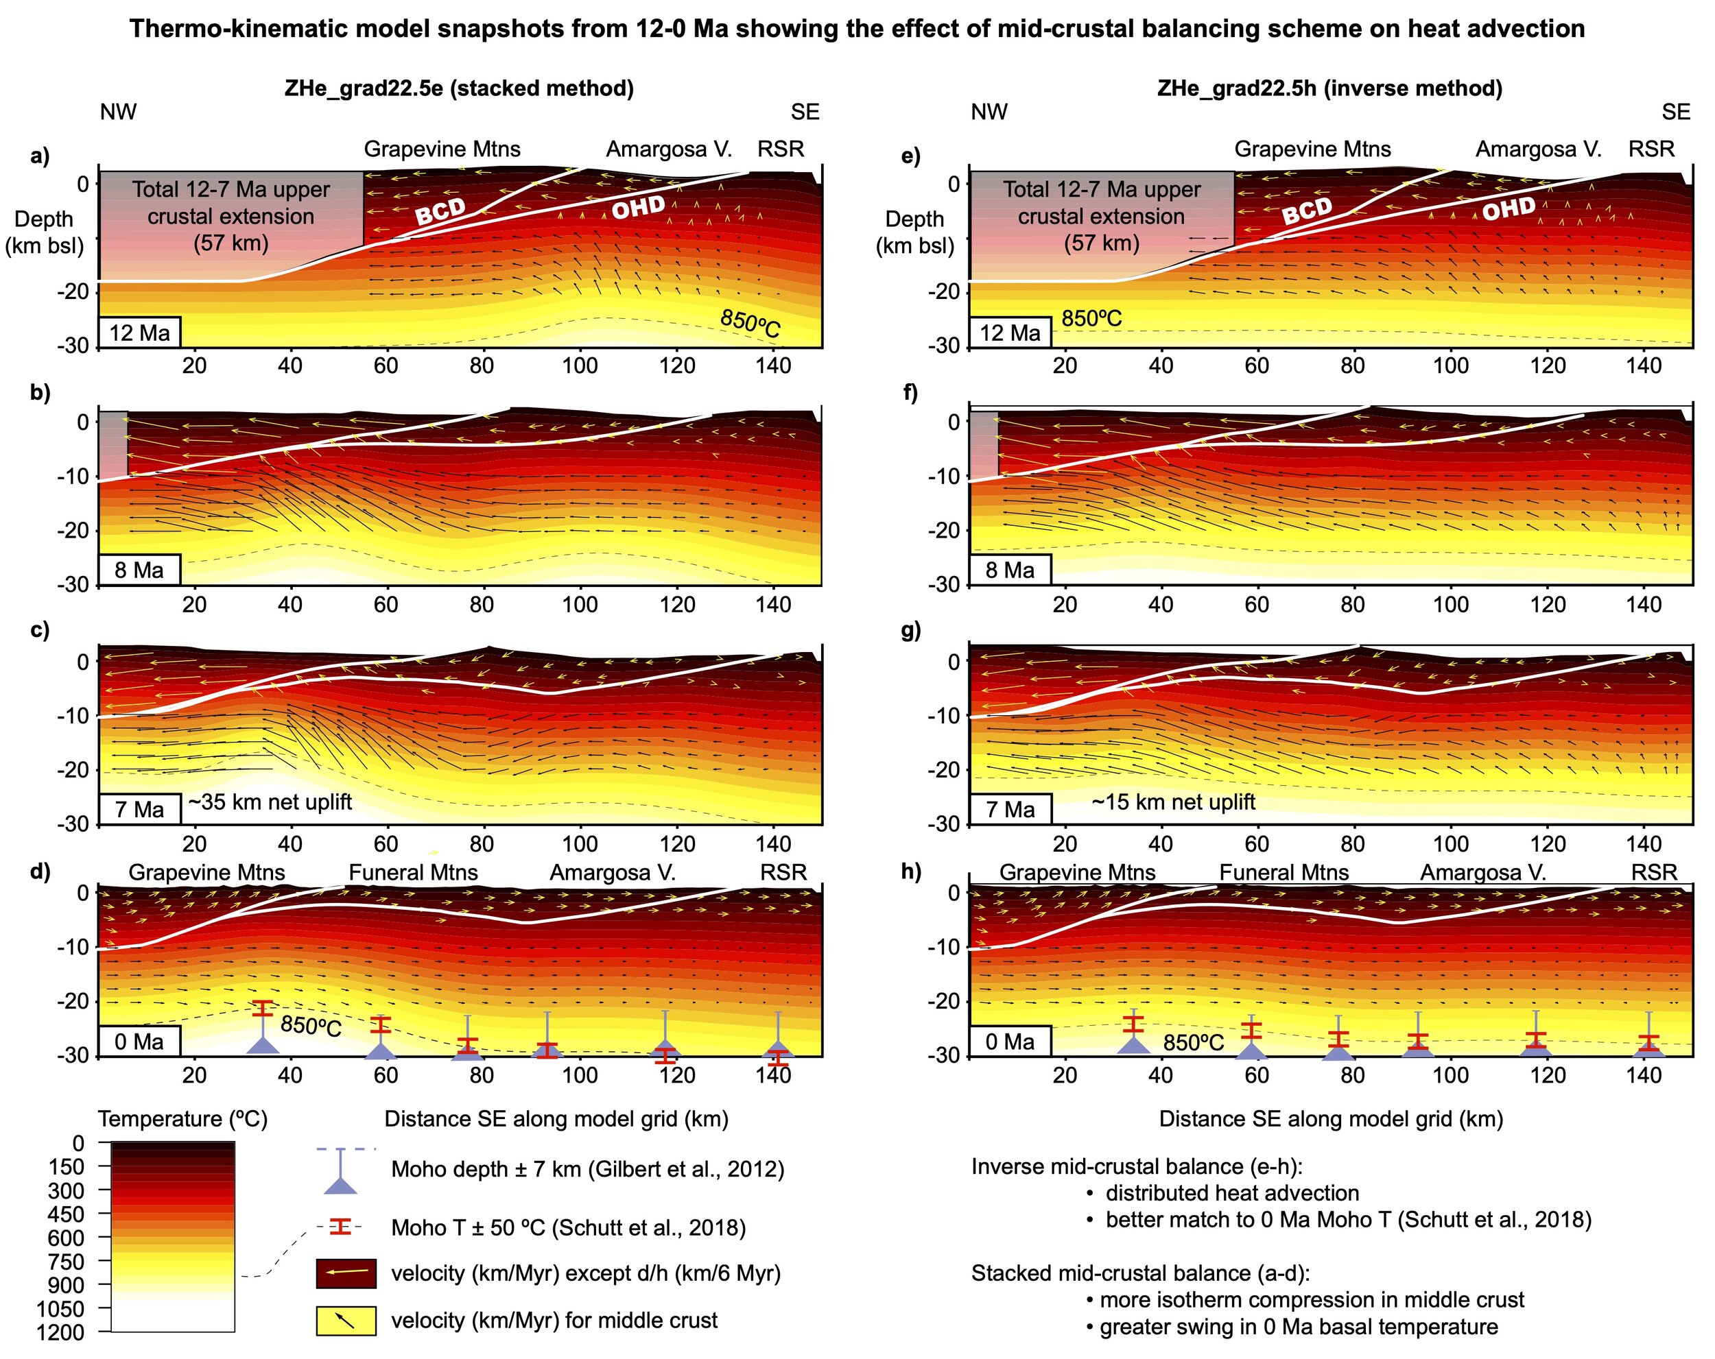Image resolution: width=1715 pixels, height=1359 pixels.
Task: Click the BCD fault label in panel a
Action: [440, 211]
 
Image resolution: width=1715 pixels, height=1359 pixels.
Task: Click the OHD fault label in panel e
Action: [1509, 208]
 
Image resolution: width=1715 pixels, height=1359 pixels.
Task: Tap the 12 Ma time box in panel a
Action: [139, 332]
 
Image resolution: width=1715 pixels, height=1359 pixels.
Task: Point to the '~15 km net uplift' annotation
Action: [1172, 802]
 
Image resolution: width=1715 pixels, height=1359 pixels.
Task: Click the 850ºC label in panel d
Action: [310, 1026]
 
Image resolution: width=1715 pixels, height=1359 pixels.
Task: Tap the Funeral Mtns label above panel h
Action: [1284, 872]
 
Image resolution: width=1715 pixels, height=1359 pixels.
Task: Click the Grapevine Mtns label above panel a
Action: [442, 149]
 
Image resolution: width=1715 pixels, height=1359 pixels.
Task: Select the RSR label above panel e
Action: [1651, 149]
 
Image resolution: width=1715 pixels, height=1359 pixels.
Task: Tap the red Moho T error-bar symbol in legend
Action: [340, 1227]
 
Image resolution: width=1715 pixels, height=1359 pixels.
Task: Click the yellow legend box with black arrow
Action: [345, 1320]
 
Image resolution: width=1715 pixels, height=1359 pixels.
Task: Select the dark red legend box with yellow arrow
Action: [345, 1273]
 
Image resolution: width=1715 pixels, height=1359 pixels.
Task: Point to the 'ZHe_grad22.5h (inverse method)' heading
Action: [1329, 88]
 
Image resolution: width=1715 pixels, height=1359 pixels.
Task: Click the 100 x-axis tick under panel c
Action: [579, 843]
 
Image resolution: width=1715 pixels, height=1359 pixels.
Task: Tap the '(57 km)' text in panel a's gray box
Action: [230, 243]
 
